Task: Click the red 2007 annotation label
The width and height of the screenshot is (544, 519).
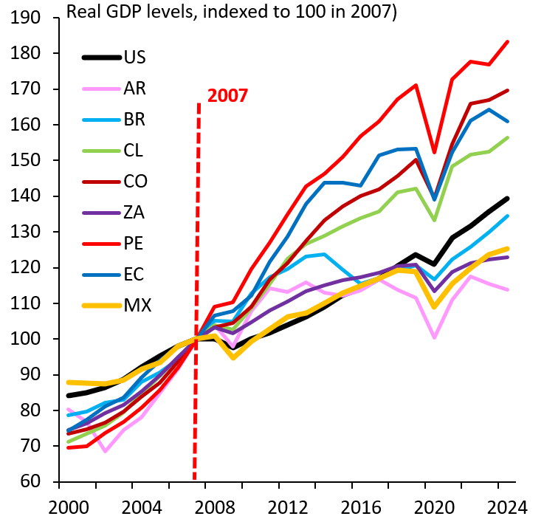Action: click(227, 95)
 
